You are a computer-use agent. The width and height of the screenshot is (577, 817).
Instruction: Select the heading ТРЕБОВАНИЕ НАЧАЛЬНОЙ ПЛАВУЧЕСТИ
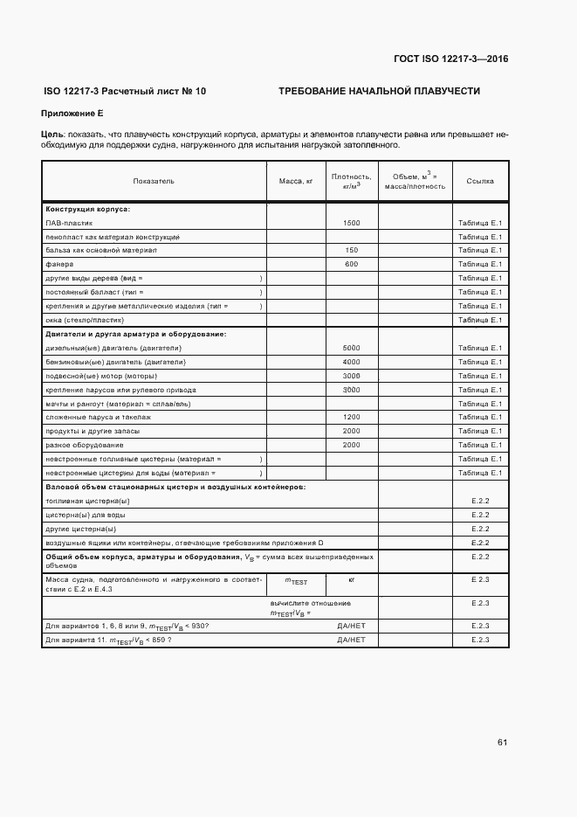coord(379,92)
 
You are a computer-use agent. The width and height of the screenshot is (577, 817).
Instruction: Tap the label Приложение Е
coord(72,114)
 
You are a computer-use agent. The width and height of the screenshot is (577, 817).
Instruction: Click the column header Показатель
coord(154,181)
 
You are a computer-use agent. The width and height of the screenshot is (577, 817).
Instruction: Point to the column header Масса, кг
coord(295,181)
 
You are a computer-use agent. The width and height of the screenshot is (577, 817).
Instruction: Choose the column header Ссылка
coord(480,181)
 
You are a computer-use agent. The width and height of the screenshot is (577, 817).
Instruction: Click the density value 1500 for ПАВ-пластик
coord(351,223)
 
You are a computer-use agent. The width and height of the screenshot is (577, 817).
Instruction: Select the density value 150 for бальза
coord(351,250)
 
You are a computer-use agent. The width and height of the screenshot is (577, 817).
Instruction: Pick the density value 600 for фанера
coord(351,264)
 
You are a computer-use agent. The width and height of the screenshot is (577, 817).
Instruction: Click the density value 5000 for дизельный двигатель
coord(351,348)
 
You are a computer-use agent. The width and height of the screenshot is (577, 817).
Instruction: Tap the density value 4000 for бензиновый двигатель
coord(351,362)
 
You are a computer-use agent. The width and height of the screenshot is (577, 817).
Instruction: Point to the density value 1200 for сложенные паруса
coord(351,418)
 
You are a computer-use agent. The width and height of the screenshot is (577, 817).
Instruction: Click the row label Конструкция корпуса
coord(87,209)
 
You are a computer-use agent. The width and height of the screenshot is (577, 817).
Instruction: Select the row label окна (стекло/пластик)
coord(84,320)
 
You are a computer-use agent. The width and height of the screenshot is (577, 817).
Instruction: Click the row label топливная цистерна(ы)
coord(87,501)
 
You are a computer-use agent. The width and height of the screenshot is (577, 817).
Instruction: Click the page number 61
coord(502,743)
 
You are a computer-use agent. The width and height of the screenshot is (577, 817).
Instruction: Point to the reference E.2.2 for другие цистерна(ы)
coord(480,529)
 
